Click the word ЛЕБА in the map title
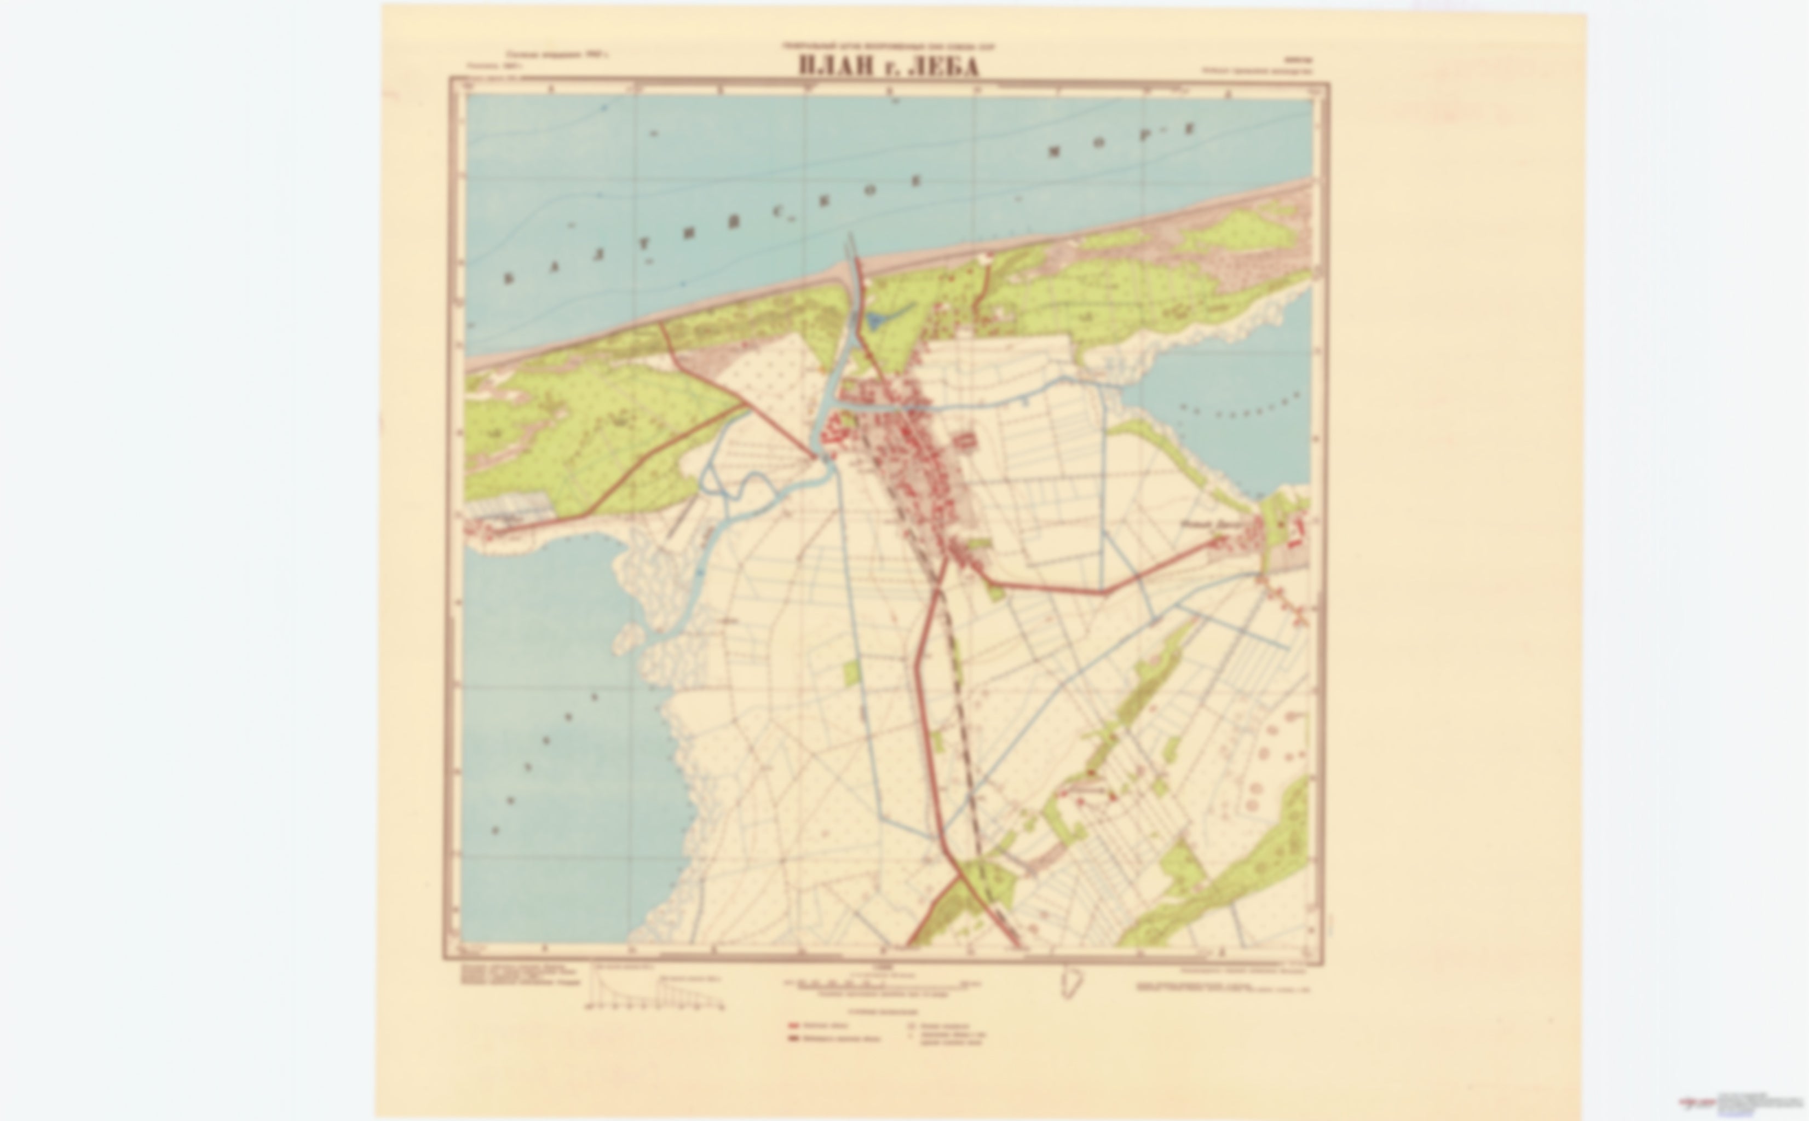942,66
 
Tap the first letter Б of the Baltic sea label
509,279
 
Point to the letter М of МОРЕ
1055,153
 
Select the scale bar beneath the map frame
875,985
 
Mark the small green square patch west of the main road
852,672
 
